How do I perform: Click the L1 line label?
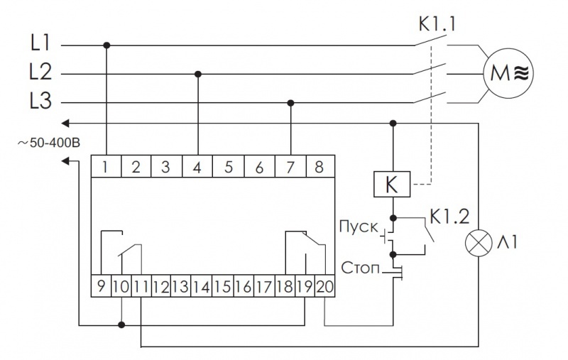coord(39,45)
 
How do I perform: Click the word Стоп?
coord(358,268)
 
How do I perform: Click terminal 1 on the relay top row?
coord(106,168)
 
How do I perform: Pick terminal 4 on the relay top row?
coord(197,168)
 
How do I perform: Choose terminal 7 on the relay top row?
coord(290,168)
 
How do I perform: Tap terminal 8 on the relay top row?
coord(319,168)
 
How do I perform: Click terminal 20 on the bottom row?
coord(325,287)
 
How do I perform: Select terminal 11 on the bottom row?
coord(142,287)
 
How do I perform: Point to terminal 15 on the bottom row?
coord(222,287)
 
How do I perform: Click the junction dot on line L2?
coord(198,73)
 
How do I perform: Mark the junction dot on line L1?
coord(106,45)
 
